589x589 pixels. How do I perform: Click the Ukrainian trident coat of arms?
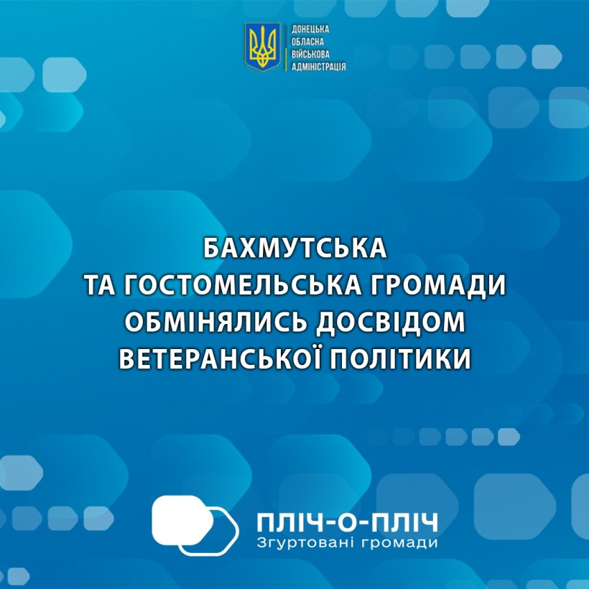[263, 47]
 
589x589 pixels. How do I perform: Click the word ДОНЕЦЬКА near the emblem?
[310, 29]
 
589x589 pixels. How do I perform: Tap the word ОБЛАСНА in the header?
[307, 42]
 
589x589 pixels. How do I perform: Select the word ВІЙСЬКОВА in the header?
[310, 54]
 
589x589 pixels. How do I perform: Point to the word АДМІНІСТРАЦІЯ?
[318, 67]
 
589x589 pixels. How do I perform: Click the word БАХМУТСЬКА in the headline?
[295, 248]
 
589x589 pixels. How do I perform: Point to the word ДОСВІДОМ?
[391, 323]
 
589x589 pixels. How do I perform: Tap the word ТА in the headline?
[100, 286]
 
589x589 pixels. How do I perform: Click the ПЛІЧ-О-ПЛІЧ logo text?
[347, 523]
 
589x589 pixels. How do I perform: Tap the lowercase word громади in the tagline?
[400, 544]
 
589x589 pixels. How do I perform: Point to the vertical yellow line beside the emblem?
[286, 47]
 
